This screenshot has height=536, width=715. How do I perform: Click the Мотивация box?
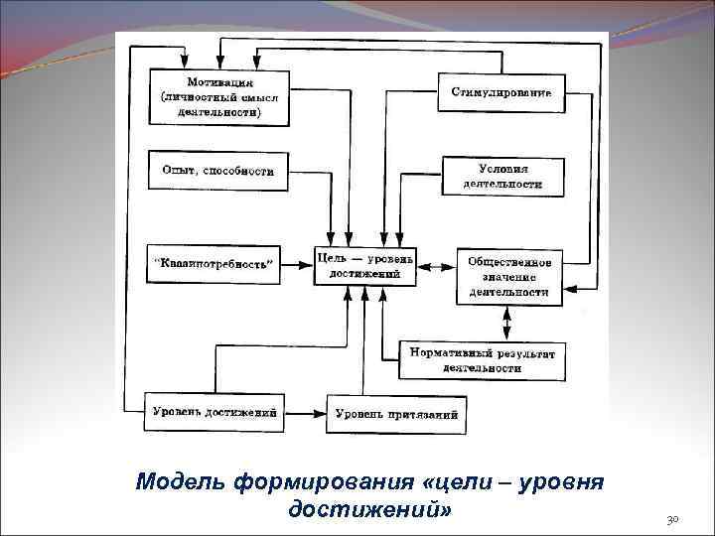tap(218, 97)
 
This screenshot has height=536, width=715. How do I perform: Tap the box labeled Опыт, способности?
tap(217, 171)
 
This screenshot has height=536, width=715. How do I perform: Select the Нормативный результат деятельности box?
tap(482, 360)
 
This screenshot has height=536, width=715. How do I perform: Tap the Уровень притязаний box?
tap(396, 413)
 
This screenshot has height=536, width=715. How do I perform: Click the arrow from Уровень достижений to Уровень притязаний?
tap(307, 412)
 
